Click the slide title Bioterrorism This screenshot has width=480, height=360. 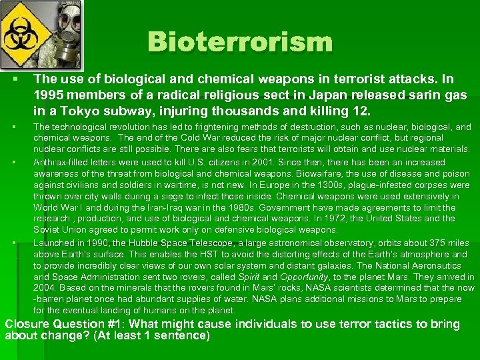(x=239, y=42)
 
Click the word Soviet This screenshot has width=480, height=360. (x=47, y=230)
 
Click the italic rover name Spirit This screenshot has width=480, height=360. (x=246, y=277)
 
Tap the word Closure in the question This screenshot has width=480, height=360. (x=27, y=325)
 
